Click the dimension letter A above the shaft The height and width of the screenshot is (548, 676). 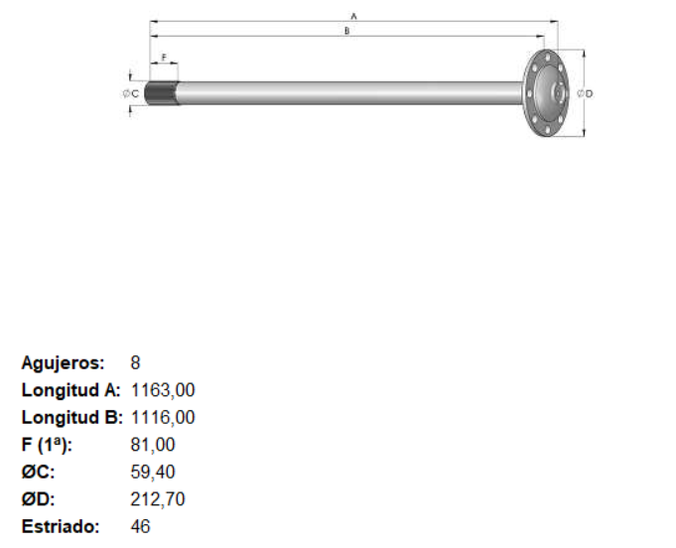pyautogui.click(x=354, y=17)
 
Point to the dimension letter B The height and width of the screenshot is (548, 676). pyautogui.click(x=346, y=31)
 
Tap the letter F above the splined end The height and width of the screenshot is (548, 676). pyautogui.click(x=164, y=58)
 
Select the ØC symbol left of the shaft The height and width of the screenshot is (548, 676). pyautogui.click(x=131, y=93)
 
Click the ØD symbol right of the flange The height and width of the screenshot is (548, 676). pyautogui.click(x=585, y=93)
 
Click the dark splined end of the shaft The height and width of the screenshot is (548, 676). pyautogui.click(x=162, y=93)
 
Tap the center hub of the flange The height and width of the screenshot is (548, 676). pyautogui.click(x=559, y=92)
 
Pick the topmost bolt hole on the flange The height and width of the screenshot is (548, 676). pyautogui.click(x=547, y=56)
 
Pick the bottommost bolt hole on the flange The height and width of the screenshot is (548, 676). pyautogui.click(x=547, y=130)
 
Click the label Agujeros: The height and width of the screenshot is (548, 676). pyautogui.click(x=63, y=363)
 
